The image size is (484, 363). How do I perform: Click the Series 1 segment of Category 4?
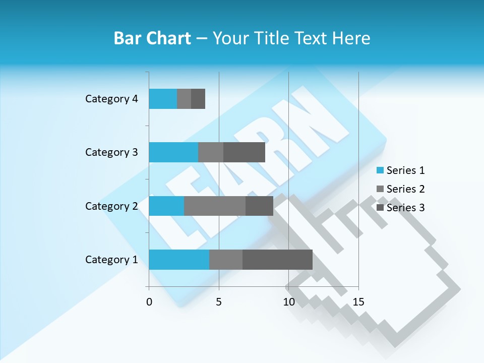(163, 99)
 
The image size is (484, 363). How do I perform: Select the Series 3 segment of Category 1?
(277, 260)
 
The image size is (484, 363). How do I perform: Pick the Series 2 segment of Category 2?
(215, 206)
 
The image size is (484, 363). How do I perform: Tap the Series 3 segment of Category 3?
(244, 152)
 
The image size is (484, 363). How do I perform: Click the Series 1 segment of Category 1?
(179, 260)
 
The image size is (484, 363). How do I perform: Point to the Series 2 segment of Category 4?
(184, 99)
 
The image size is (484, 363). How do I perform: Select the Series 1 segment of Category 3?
(173, 152)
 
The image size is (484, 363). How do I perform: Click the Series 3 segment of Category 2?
(259, 206)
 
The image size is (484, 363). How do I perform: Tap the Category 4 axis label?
(111, 99)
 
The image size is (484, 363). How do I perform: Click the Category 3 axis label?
(111, 152)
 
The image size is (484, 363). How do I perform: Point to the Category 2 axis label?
(111, 206)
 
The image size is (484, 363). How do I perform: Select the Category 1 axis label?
(111, 260)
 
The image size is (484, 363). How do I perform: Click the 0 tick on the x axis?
(149, 302)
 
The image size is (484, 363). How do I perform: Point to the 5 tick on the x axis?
(219, 302)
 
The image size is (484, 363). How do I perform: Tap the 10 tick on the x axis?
(288, 302)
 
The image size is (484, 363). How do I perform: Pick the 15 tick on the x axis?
(358, 302)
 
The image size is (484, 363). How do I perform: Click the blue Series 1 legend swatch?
(380, 170)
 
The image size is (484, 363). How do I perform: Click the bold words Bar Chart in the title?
(152, 38)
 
